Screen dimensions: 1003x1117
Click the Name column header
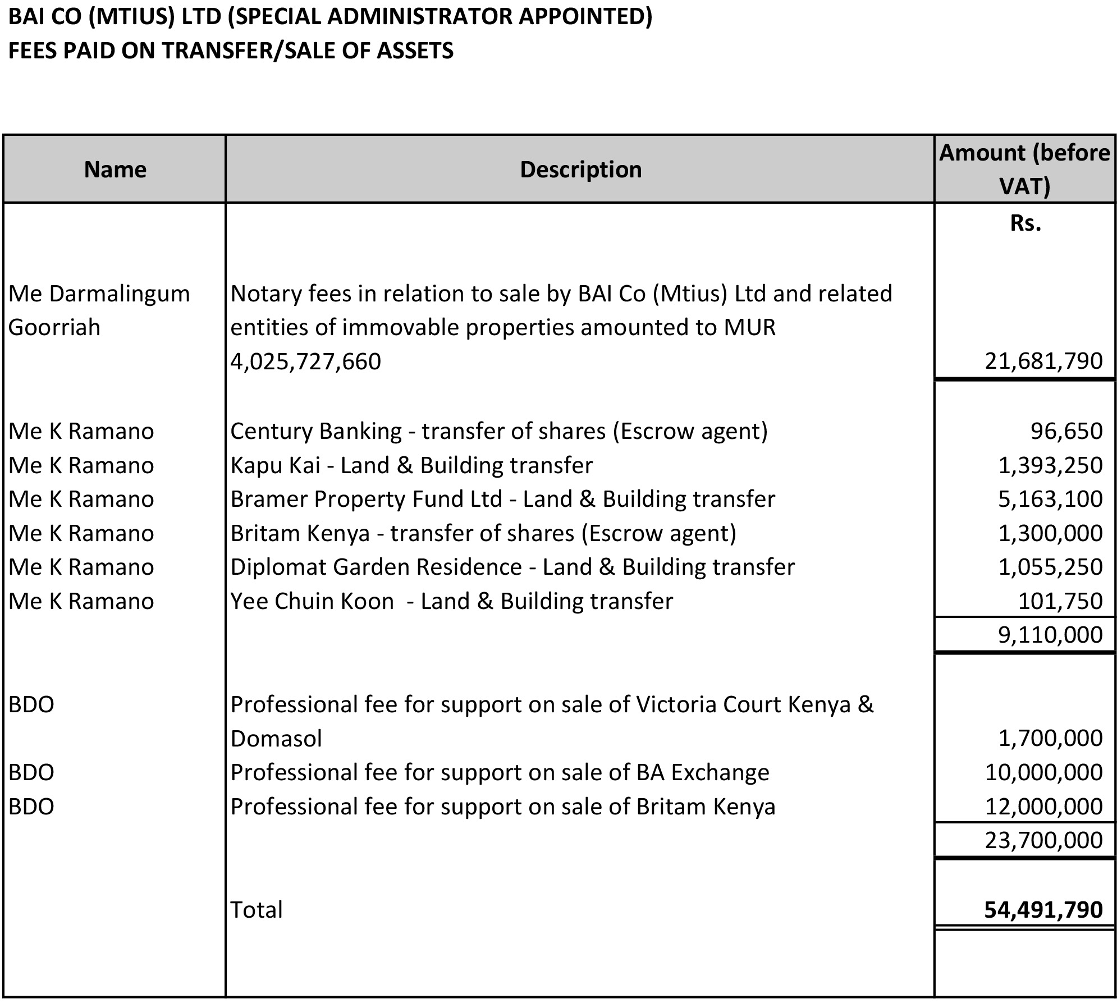115,170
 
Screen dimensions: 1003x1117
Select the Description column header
580,170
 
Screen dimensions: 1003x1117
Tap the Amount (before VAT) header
1024,169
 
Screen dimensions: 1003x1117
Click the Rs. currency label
1025,223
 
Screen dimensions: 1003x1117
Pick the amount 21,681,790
1043,361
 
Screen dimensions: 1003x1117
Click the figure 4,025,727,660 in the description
306,361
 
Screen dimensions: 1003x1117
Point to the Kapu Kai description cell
411,465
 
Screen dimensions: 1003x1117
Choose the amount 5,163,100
1050,499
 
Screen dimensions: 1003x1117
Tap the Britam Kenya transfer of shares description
483,533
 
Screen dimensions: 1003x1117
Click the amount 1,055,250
1050,567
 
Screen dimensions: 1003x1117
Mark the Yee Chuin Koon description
451,601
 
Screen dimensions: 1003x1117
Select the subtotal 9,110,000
1050,635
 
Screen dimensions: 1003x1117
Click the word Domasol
276,739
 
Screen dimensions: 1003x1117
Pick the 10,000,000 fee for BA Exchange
1043,773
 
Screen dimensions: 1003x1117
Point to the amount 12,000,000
1043,807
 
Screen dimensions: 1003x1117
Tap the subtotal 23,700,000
1043,840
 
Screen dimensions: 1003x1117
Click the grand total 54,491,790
1043,910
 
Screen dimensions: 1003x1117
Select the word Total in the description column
257,910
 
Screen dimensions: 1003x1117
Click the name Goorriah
54,327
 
